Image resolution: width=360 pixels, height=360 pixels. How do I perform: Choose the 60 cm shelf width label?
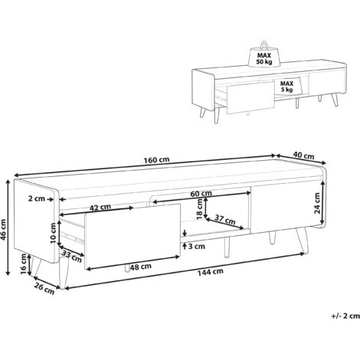(x=201, y=194)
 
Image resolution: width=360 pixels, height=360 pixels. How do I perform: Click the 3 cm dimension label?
(x=197, y=247)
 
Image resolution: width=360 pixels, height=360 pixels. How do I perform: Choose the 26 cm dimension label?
(x=44, y=290)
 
